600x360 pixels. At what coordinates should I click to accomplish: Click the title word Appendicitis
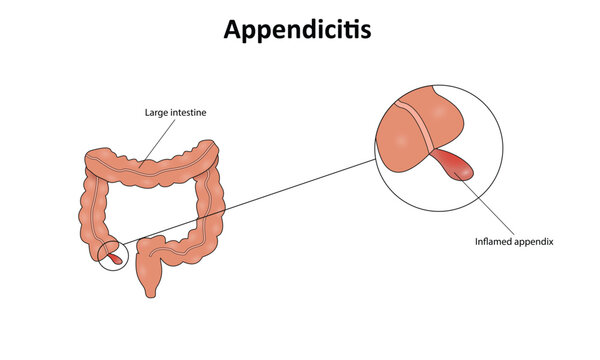click(299, 30)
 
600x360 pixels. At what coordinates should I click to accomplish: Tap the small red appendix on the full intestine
click(115, 258)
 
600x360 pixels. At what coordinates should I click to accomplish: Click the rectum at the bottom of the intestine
click(150, 282)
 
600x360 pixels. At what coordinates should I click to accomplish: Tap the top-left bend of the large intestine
click(95, 163)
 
